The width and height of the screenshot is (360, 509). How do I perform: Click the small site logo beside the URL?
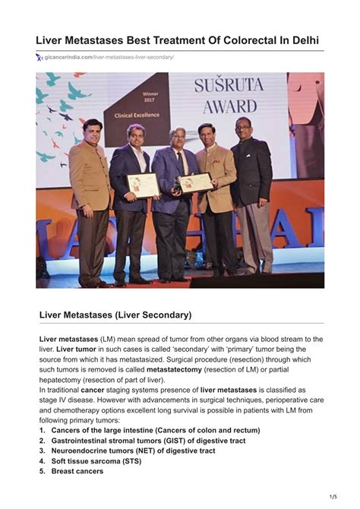click(x=39, y=58)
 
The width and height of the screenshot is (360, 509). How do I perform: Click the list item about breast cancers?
click(x=77, y=471)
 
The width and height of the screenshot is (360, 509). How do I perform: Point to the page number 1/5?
click(x=333, y=497)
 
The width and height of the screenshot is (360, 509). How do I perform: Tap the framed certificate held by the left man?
click(x=142, y=185)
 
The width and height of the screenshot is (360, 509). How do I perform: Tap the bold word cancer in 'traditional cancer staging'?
click(x=93, y=390)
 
